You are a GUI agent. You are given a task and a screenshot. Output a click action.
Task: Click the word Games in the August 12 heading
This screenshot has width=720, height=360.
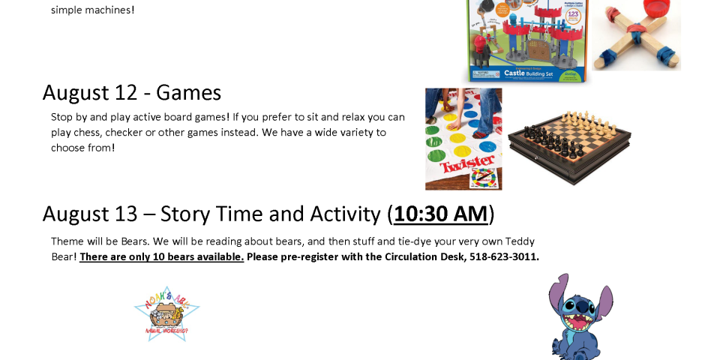[x=189, y=93]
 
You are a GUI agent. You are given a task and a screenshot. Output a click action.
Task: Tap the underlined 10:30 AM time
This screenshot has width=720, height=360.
[x=441, y=214]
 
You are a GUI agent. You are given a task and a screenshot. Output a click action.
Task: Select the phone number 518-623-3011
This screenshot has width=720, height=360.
[x=504, y=256]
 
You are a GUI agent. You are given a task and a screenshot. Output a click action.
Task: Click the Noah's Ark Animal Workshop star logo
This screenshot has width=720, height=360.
[x=167, y=314]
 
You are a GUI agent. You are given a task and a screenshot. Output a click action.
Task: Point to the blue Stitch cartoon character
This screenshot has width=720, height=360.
[x=580, y=316]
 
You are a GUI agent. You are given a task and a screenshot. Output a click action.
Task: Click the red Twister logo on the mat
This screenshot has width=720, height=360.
[x=467, y=163]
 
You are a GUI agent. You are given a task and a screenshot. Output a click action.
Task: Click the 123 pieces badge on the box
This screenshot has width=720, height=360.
[x=573, y=16]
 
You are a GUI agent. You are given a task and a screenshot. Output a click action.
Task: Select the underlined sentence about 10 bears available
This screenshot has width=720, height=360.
[x=162, y=256]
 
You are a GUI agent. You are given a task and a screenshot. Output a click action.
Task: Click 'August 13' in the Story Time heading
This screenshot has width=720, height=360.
[x=90, y=214]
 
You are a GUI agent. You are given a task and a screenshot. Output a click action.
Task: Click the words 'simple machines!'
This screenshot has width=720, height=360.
[x=93, y=10]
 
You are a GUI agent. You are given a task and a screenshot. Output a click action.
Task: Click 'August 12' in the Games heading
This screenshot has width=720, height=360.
[x=90, y=93]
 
